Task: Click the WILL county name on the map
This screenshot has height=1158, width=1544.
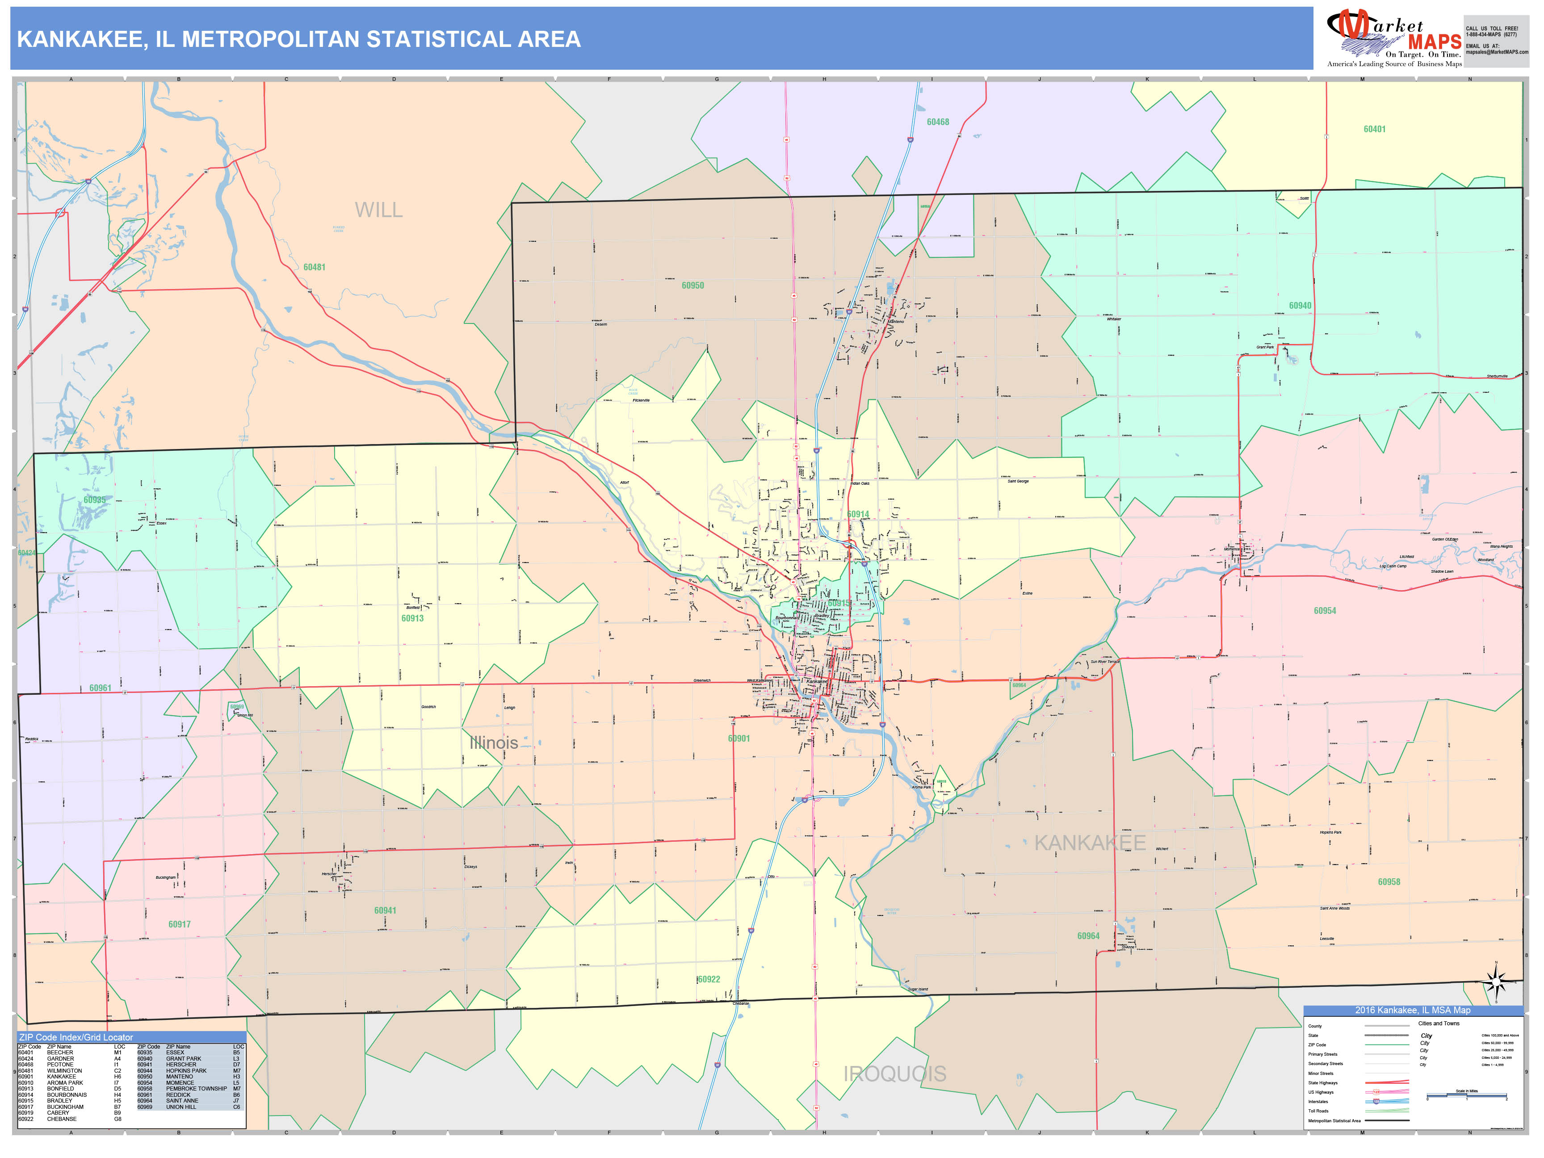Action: click(x=378, y=210)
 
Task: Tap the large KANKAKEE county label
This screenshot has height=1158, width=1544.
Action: click(x=1090, y=843)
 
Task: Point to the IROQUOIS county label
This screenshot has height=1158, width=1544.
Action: click(x=895, y=1074)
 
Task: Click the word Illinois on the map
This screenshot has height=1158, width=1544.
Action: click(x=494, y=743)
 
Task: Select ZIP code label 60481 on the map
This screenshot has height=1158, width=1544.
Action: click(x=314, y=267)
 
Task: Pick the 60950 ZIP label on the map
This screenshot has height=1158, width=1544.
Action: click(x=692, y=285)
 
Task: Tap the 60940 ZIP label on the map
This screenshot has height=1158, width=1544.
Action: click(x=1300, y=306)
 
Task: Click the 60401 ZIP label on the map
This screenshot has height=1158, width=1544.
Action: click(x=1374, y=129)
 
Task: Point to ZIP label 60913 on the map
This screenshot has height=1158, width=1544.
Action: click(x=412, y=618)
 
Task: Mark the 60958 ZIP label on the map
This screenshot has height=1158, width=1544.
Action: click(x=1389, y=881)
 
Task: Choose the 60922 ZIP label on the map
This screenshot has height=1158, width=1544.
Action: click(x=709, y=979)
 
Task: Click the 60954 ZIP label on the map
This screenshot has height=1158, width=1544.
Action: click(x=1324, y=611)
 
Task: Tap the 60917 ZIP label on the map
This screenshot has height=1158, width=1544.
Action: click(x=180, y=924)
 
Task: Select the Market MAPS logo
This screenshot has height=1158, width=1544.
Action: click(x=1393, y=38)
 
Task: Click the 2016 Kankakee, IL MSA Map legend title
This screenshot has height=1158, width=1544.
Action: click(x=1412, y=1010)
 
